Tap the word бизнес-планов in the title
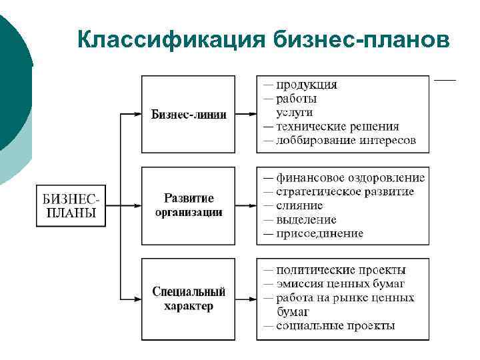360,39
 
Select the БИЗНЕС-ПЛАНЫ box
70,205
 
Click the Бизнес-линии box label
189,114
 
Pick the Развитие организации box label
189,205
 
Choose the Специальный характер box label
189,299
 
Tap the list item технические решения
337,127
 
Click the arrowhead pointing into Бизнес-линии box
137,114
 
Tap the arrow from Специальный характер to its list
246,299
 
